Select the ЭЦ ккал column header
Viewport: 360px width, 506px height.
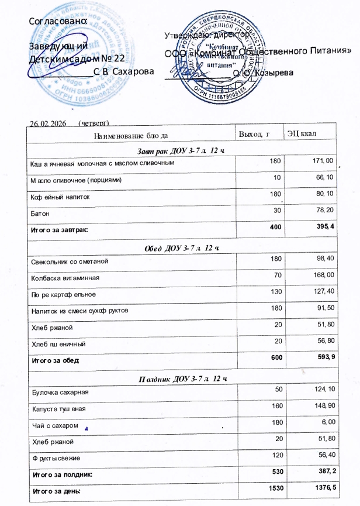click(302, 135)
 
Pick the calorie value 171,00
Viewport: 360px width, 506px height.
click(323, 161)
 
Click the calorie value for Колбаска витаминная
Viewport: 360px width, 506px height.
click(323, 274)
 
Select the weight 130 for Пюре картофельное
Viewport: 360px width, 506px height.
click(276, 291)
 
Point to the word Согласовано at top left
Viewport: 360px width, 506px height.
click(58, 20)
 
